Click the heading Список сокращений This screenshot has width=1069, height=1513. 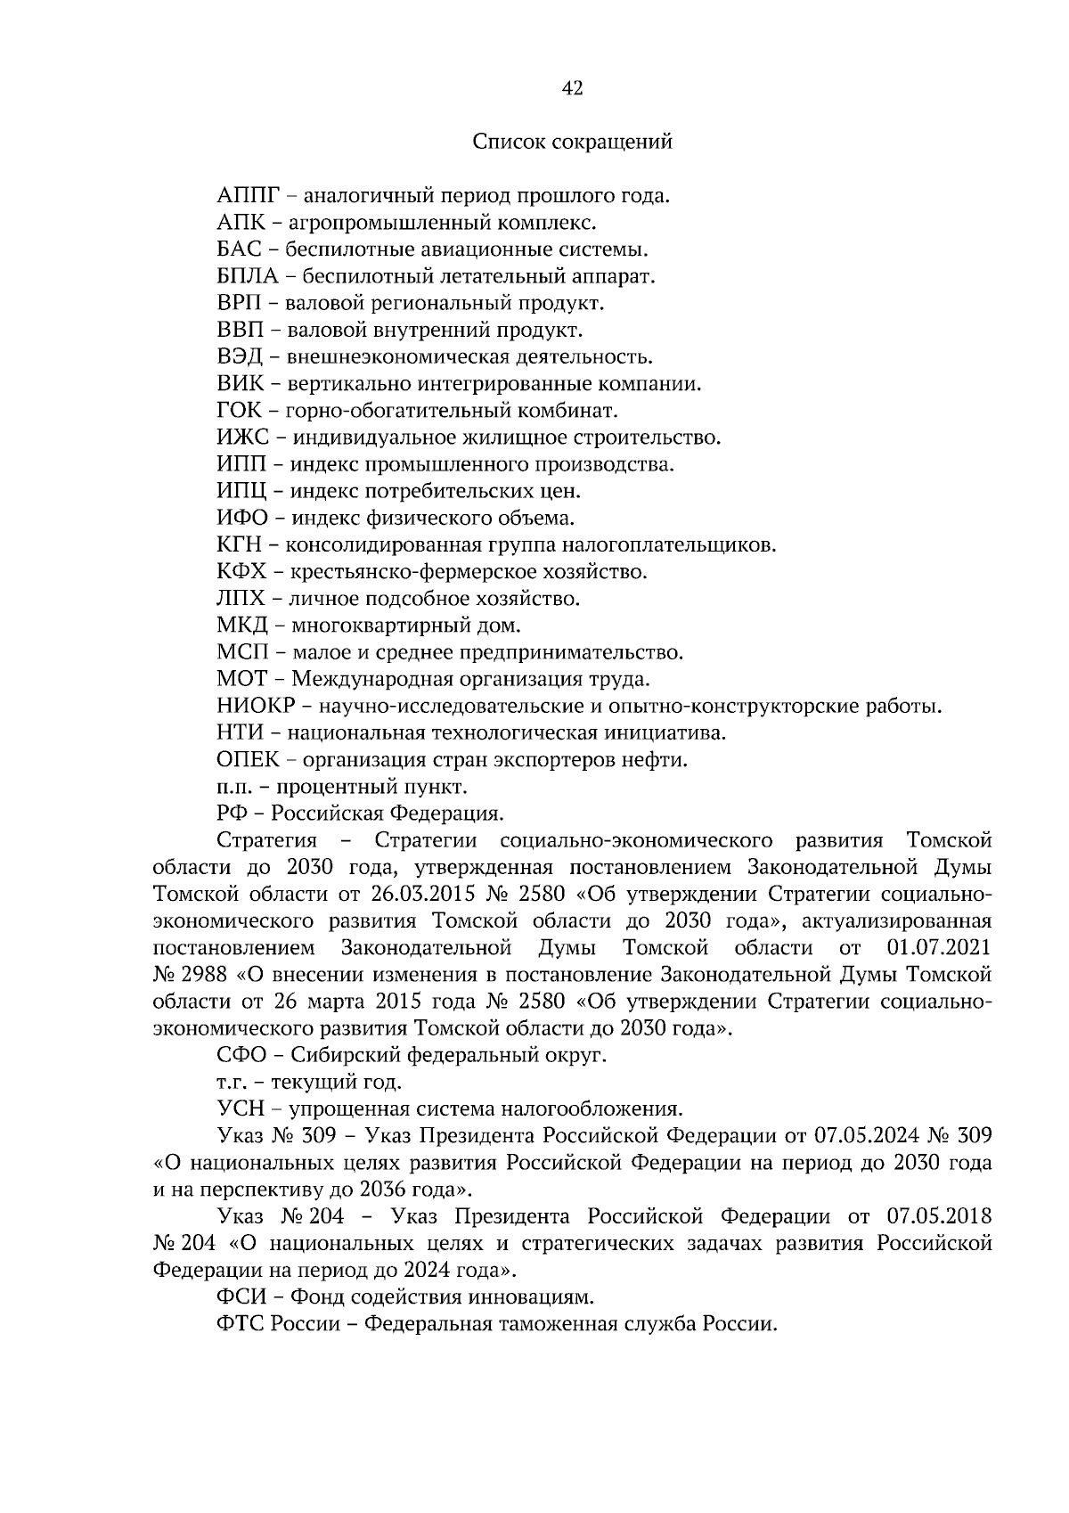tap(572, 142)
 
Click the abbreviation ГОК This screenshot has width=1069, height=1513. tap(239, 411)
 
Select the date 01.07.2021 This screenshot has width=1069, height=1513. tap(939, 947)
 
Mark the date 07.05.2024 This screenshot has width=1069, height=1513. tap(863, 1136)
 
